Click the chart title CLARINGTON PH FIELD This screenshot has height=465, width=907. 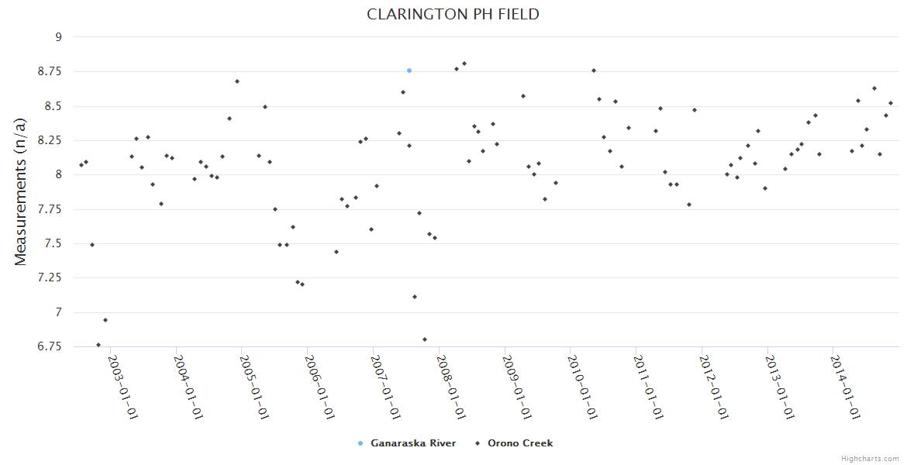[453, 15]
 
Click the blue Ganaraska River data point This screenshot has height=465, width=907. [409, 71]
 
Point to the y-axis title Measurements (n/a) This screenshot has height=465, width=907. [21, 191]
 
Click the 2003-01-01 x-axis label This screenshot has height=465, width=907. [122, 387]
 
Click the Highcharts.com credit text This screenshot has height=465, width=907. [870, 458]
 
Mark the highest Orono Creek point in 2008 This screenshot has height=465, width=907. [464, 64]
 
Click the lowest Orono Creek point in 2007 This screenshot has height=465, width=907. [425, 339]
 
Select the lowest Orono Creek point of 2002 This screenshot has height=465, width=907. [98, 345]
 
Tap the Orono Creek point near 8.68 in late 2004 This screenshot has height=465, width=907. [237, 81]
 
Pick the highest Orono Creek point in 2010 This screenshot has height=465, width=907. [594, 71]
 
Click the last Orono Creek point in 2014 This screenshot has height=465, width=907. [891, 103]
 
